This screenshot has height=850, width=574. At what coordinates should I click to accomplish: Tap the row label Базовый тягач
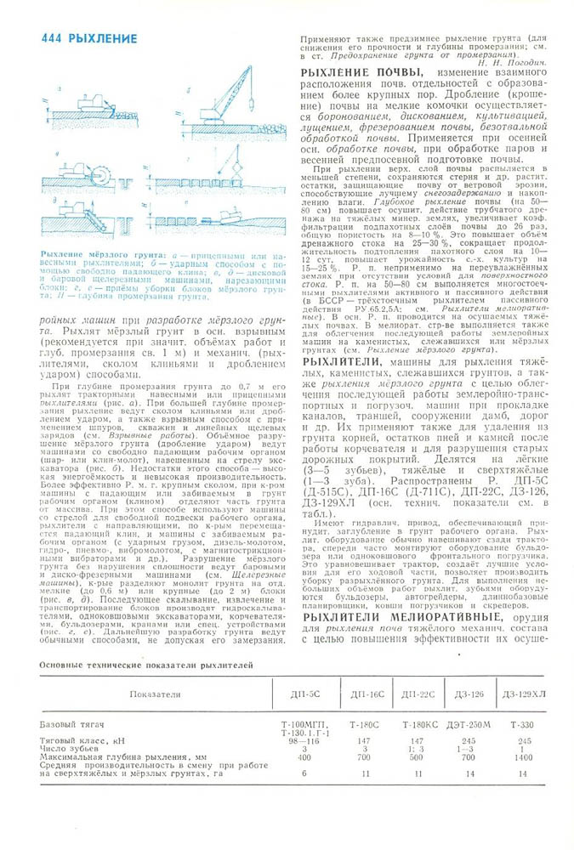pyautogui.click(x=72, y=724)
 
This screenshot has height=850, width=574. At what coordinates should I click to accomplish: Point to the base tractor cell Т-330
pyautogui.click(x=522, y=724)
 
